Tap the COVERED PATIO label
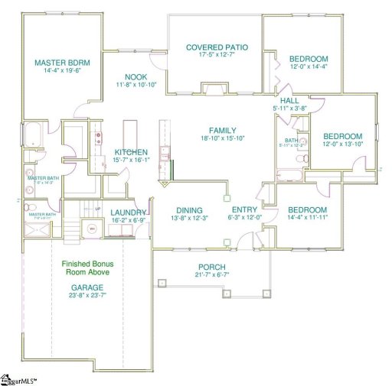(215, 47)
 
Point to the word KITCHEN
(131, 152)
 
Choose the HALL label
(290, 100)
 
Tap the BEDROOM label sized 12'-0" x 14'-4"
(309, 59)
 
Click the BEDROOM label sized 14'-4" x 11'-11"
(308, 210)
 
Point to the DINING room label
(188, 210)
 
